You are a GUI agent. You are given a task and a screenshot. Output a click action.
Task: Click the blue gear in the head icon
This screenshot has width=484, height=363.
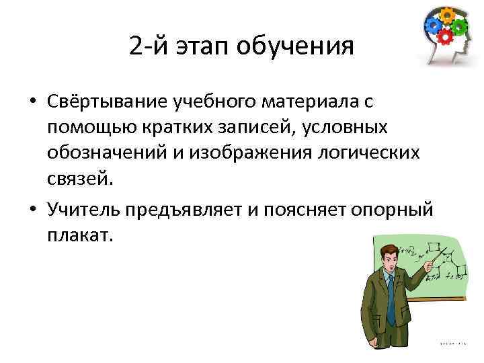pyautogui.click(x=432, y=25)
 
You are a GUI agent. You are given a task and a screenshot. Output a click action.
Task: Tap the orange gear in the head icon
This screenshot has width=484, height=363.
pyautogui.click(x=446, y=15)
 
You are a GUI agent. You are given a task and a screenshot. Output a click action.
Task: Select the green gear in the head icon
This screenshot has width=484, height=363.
pyautogui.click(x=460, y=28)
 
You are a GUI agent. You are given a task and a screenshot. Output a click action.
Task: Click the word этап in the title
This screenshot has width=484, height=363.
pyautogui.click(x=206, y=46)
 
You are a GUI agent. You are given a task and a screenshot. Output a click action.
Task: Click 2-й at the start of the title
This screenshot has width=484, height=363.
pyautogui.click(x=145, y=46)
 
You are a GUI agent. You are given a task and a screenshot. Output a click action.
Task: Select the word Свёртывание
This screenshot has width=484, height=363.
pyautogui.click(x=108, y=102)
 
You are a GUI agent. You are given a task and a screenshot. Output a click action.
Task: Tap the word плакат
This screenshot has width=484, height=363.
pyautogui.click(x=80, y=237)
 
